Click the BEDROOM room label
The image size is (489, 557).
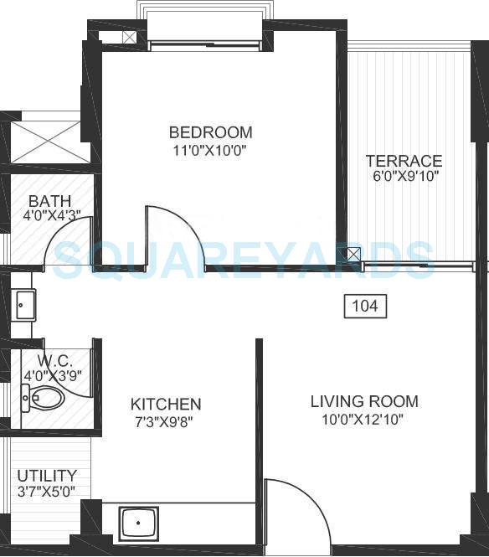210,132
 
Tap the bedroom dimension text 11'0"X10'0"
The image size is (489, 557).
210,151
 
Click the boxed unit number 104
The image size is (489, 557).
364,307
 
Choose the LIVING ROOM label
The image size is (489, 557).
363,402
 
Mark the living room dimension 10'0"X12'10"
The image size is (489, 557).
363,420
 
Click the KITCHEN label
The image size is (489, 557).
165,404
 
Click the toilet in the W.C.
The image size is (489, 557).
44,400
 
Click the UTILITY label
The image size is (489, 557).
47,475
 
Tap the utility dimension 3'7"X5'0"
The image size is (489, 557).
47,491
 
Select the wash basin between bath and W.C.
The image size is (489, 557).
24,305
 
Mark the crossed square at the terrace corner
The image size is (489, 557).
355,255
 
